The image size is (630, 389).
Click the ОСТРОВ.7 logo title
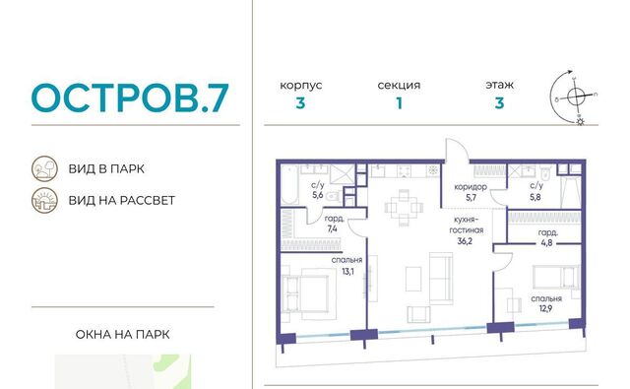(x=130, y=97)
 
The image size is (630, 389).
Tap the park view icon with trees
(x=44, y=168)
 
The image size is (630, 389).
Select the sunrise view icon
(x=44, y=200)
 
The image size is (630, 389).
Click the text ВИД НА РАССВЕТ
(x=122, y=200)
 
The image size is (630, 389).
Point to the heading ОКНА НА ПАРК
(x=122, y=335)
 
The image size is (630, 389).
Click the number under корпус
(x=300, y=103)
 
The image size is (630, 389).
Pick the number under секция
(x=399, y=103)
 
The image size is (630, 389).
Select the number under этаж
(x=499, y=103)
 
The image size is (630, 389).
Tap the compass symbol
(x=576, y=97)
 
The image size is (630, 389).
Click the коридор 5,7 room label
(x=471, y=192)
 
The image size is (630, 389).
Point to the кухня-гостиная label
(x=466, y=226)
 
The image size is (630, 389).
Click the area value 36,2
(x=465, y=241)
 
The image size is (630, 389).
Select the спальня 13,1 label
(x=347, y=266)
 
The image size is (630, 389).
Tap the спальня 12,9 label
(x=546, y=303)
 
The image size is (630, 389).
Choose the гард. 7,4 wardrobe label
(x=334, y=224)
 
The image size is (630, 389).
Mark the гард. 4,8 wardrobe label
(x=548, y=237)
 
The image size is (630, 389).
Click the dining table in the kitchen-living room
(x=404, y=208)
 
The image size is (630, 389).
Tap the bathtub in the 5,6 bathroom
(x=289, y=184)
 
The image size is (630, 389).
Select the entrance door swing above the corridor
(x=457, y=150)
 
